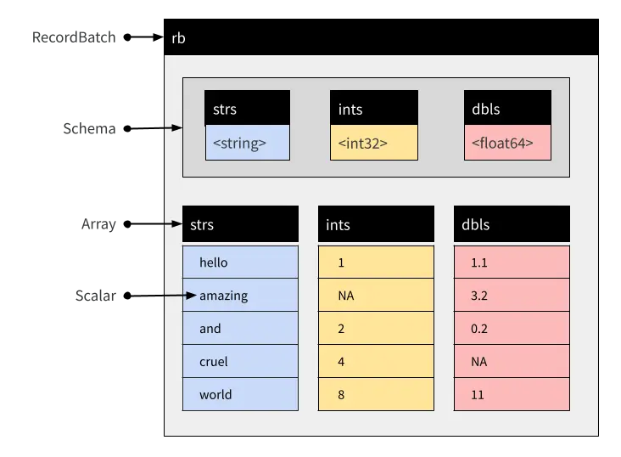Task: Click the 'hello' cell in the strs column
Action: pos(240,262)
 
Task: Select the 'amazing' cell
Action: pos(240,296)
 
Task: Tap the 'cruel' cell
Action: pos(240,362)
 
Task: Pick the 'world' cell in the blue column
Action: pos(240,395)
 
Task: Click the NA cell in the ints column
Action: pos(376,296)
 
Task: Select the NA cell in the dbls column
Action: pos(512,362)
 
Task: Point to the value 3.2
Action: pos(512,296)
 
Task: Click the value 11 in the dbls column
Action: pos(512,395)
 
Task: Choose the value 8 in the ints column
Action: pos(376,395)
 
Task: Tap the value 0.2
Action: pos(512,329)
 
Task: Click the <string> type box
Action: pos(247,143)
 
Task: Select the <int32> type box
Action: pos(373,143)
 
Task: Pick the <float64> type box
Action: pos(508,143)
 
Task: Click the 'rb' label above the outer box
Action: pos(178,38)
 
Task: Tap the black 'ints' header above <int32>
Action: pos(373,109)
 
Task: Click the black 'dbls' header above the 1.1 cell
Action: pos(512,224)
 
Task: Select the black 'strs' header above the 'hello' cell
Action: pos(240,224)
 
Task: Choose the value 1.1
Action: pos(512,262)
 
